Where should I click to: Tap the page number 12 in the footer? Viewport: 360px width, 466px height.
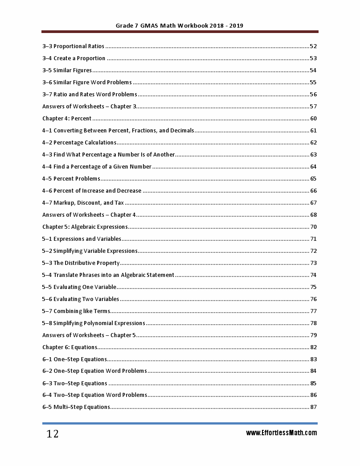tap(53, 434)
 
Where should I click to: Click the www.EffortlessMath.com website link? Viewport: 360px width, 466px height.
tap(282, 433)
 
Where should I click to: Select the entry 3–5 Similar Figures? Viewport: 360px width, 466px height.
tap(67, 70)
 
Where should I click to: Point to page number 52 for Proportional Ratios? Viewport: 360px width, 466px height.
tap(313, 46)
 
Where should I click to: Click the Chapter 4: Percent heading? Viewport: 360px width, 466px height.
tap(67, 119)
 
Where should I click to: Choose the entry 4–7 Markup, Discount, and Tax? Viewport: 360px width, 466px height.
tap(83, 203)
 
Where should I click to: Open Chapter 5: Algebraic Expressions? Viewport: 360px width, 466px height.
tap(85, 227)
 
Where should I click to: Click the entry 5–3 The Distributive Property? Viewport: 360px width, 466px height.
tap(81, 263)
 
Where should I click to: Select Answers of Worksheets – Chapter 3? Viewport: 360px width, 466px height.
tap(89, 107)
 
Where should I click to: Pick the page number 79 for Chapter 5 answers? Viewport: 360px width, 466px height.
tap(313, 335)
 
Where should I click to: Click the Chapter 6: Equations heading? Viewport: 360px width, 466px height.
tap(70, 347)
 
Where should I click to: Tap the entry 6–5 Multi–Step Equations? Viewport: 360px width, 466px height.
tap(76, 407)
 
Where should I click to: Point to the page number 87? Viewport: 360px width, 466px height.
tap(313, 407)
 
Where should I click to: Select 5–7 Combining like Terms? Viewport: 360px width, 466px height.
tap(76, 311)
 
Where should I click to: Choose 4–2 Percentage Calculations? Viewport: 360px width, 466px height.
tap(79, 143)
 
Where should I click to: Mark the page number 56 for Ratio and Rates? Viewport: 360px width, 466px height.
tap(313, 95)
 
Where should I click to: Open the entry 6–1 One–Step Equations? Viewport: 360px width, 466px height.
tap(74, 359)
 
